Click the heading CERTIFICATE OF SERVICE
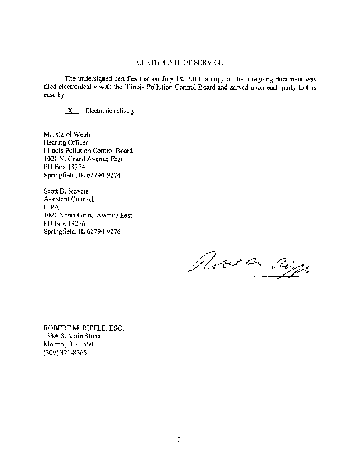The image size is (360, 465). [179, 62]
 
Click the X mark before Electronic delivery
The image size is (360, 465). [70, 110]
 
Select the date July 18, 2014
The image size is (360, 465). [181, 78]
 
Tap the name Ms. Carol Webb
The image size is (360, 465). [65, 134]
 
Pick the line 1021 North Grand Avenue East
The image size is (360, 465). [88, 215]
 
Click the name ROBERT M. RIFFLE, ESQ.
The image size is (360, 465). [84, 328]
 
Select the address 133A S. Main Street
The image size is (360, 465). [73, 336]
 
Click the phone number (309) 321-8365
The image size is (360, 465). [66, 352]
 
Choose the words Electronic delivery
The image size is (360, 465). [110, 110]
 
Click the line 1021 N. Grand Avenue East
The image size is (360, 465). [84, 158]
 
